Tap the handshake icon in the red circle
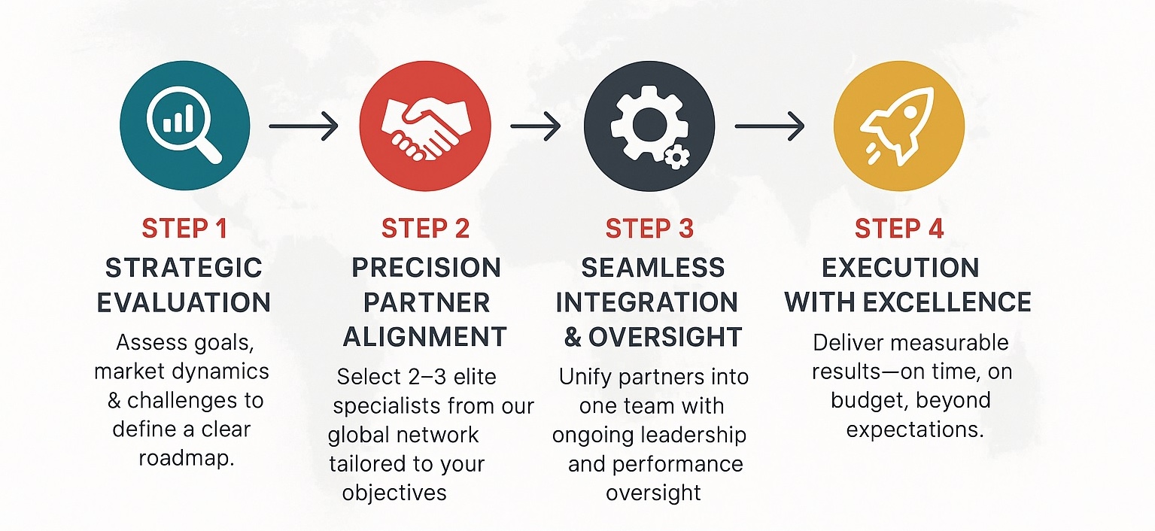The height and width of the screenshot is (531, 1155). coord(425,128)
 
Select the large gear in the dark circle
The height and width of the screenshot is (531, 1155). coord(645,124)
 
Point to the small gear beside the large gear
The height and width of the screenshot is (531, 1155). coord(676,156)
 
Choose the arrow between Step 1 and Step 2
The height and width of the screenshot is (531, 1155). coord(303,126)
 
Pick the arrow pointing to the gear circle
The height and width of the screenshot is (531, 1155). coord(535,126)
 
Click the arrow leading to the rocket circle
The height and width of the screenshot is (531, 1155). coord(769,126)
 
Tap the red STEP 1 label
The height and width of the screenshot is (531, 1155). coord(184,229)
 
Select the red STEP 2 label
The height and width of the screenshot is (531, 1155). coord(425,229)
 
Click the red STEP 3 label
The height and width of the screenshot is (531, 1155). coord(649,229)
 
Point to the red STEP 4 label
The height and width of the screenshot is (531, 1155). coord(899,229)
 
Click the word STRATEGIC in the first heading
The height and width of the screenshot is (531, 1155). coord(184,268)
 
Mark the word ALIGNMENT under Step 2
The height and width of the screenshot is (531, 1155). coord(425,337)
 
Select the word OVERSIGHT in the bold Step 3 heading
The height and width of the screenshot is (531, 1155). coord(665,337)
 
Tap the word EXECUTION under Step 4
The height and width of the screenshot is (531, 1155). coord(900,268)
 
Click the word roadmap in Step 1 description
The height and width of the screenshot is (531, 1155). coord(187,458)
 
